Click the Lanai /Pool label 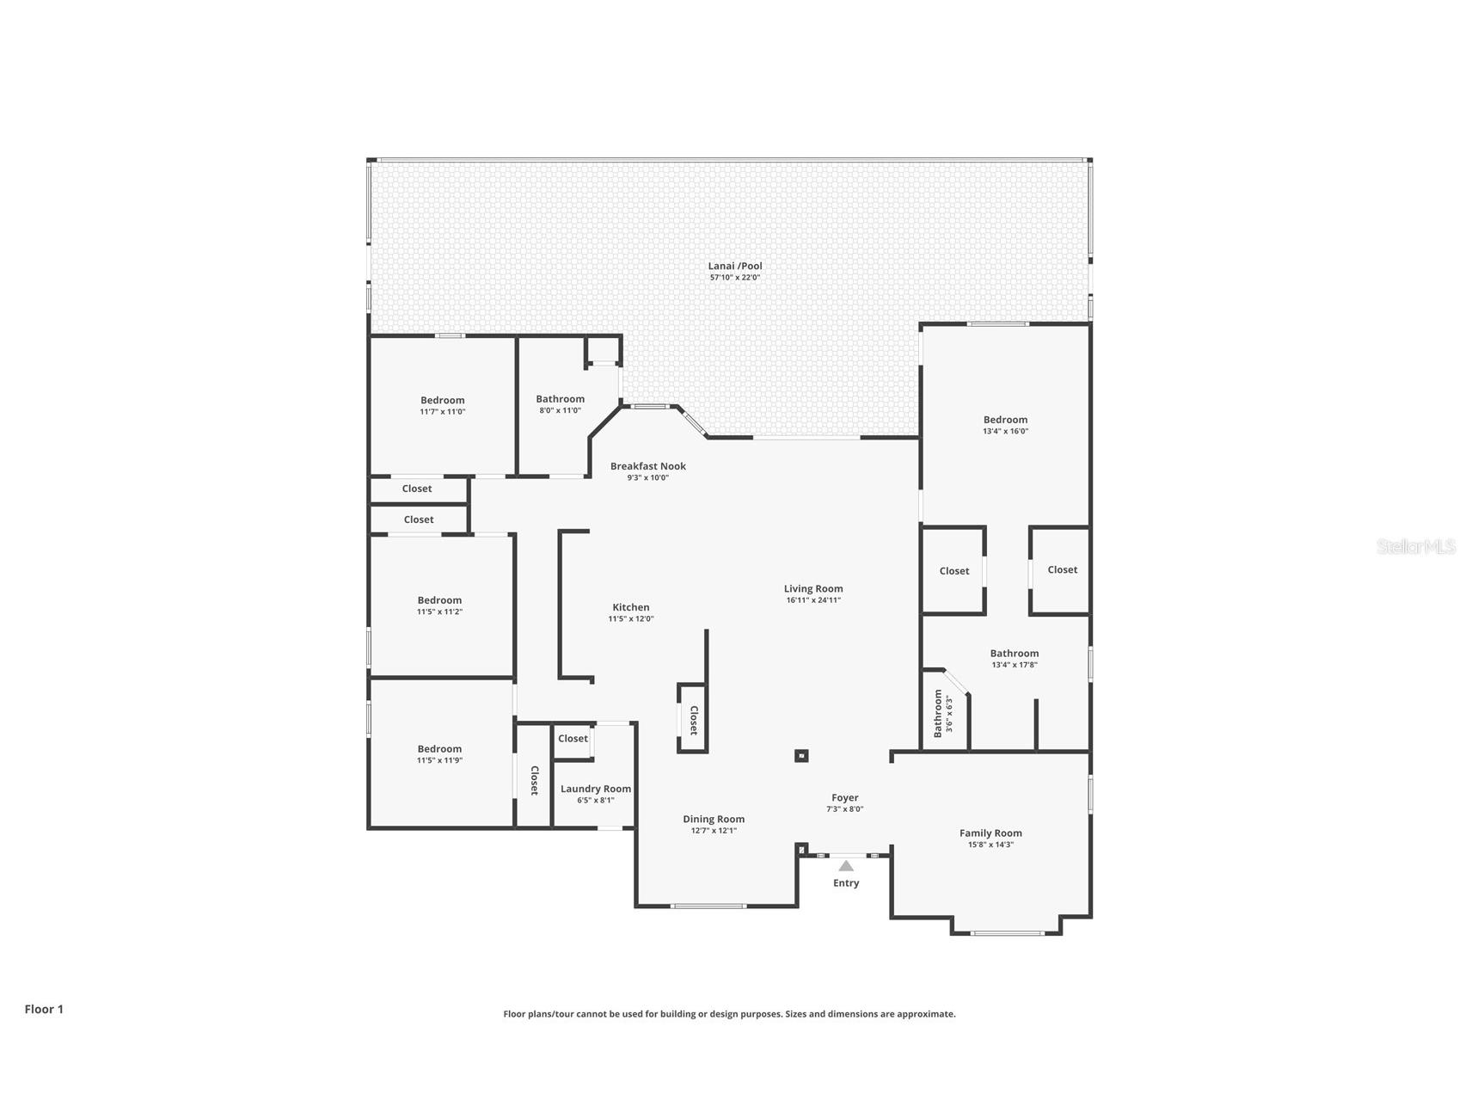click(735, 266)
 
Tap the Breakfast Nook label click(648, 466)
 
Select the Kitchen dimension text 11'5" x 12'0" click(631, 618)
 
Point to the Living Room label click(813, 589)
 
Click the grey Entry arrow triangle click(846, 866)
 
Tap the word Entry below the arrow click(846, 883)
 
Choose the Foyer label click(844, 798)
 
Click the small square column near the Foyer click(800, 756)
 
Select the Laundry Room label click(596, 789)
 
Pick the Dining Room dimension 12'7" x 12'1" click(714, 831)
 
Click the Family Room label click(990, 833)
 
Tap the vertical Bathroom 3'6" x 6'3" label click(943, 713)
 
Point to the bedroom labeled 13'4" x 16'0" click(1005, 425)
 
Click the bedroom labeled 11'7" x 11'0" click(443, 405)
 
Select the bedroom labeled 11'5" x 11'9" click(439, 754)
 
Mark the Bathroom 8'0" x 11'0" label click(561, 399)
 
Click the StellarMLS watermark click(1415, 546)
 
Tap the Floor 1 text click(44, 1010)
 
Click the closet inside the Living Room click(693, 719)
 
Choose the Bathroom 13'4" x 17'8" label click(1015, 654)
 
